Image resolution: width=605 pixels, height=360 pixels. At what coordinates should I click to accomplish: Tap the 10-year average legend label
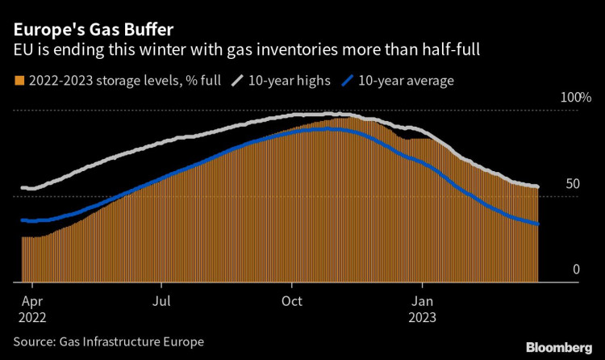pos(407,81)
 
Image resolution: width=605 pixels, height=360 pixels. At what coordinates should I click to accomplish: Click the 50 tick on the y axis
pos(572,184)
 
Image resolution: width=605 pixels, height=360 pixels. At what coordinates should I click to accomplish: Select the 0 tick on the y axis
pos(576,270)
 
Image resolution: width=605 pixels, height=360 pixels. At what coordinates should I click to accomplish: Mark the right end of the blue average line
pos(537,224)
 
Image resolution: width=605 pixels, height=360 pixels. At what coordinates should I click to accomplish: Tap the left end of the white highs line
pos(23,188)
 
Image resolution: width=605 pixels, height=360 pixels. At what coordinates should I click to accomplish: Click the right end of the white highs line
pos(537,186)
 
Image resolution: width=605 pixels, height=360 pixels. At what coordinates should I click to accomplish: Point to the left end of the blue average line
pos(23,220)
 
